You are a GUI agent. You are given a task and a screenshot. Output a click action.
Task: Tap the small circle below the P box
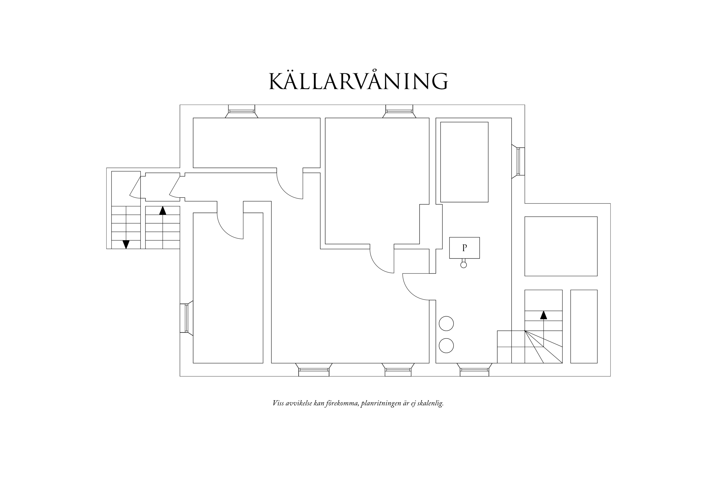pyautogui.click(x=464, y=265)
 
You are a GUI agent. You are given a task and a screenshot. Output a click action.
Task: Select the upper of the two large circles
pyautogui.click(x=446, y=323)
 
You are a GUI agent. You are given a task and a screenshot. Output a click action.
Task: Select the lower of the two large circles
pyautogui.click(x=446, y=346)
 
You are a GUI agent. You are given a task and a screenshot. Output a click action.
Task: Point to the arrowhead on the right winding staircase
pyautogui.click(x=543, y=315)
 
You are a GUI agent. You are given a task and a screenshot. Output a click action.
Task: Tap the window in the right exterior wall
pyautogui.click(x=518, y=161)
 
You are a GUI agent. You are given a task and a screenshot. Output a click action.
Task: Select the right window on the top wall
pyautogui.click(x=399, y=111)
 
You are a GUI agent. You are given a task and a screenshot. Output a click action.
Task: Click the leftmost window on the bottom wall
pyautogui.click(x=314, y=370)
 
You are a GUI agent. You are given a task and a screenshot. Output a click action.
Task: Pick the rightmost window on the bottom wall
pyautogui.click(x=474, y=370)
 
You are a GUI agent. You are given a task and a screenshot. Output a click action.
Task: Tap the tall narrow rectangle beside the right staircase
pyautogui.click(x=584, y=327)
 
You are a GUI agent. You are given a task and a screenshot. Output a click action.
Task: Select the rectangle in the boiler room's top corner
pyautogui.click(x=464, y=162)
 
